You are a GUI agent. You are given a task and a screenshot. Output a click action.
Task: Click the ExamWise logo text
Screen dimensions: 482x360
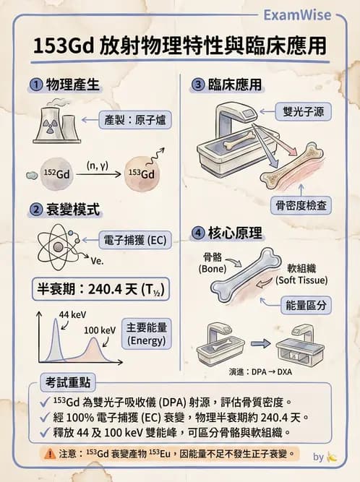click(x=296, y=15)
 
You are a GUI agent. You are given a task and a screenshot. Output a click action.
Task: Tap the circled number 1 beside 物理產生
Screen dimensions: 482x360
click(x=34, y=85)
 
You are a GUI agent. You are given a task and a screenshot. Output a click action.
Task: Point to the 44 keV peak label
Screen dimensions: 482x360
click(x=72, y=315)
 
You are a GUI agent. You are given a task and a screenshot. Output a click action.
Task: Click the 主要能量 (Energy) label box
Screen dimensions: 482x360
click(x=146, y=334)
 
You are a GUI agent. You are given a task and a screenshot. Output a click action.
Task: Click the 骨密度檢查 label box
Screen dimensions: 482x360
click(x=299, y=205)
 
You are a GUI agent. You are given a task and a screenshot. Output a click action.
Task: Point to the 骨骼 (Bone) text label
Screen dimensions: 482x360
click(x=213, y=262)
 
